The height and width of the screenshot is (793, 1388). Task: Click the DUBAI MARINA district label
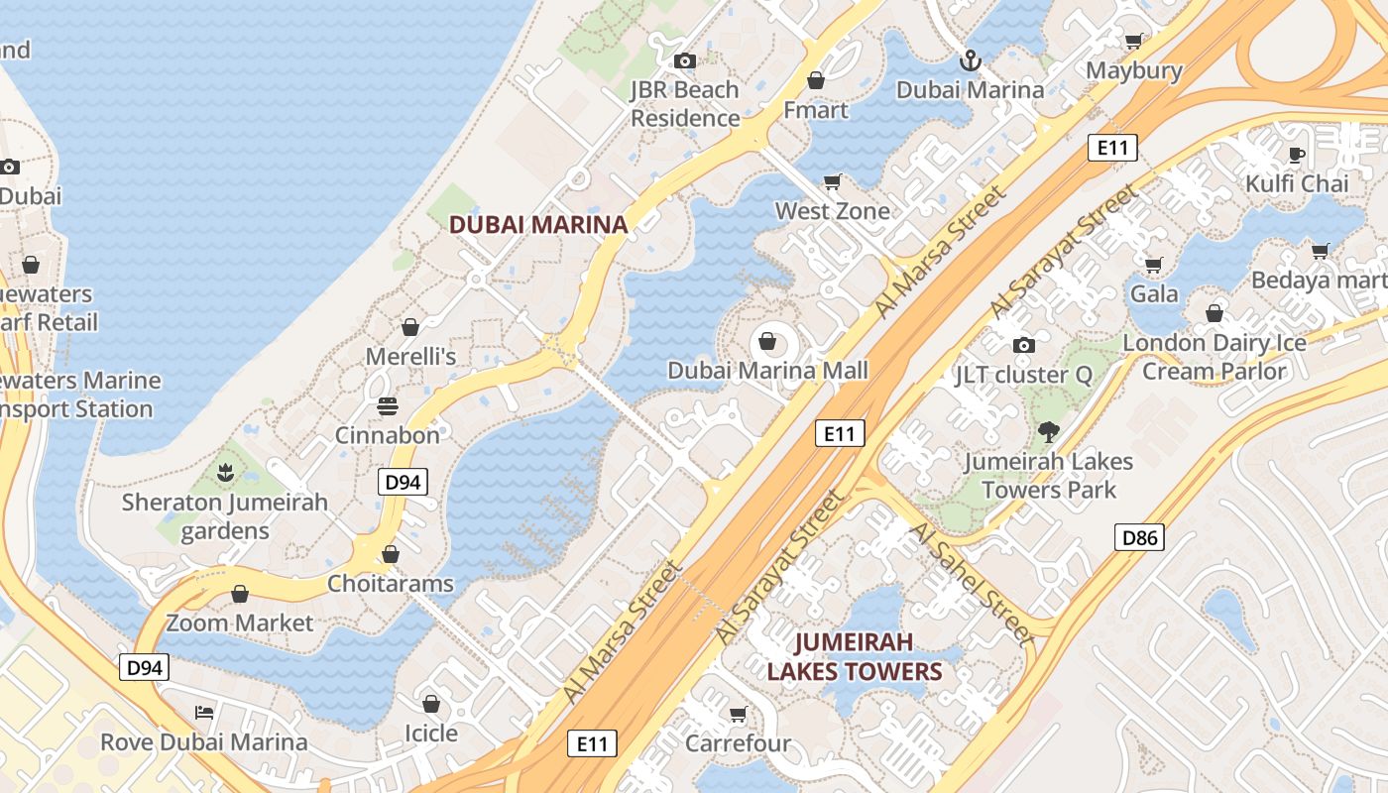point(538,224)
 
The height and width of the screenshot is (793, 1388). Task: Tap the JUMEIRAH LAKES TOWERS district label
point(854,656)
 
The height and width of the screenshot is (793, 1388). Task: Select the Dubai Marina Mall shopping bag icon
point(767,342)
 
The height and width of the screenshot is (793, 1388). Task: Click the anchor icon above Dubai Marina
point(970,60)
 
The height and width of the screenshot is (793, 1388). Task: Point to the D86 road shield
point(1139,538)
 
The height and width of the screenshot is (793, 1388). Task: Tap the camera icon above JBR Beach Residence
point(684,60)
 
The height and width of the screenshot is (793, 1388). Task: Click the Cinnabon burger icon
point(387,406)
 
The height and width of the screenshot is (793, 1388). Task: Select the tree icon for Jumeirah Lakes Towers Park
point(1048,432)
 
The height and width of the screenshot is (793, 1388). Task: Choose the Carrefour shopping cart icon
point(738,714)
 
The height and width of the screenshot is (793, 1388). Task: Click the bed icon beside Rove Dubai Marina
point(203,712)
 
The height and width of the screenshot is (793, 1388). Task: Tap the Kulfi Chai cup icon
point(1297,154)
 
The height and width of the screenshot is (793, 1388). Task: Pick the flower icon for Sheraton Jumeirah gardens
point(225,473)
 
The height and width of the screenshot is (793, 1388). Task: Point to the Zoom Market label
point(239,623)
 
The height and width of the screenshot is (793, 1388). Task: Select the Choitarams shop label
point(391,583)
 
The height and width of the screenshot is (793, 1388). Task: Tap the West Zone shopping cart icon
point(833,181)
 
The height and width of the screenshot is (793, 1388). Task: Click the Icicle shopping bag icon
point(430,704)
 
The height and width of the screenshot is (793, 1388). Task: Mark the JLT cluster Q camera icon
point(1023,345)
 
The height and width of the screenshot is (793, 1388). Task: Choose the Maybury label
point(1134,70)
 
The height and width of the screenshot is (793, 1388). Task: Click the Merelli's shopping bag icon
point(409,326)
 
